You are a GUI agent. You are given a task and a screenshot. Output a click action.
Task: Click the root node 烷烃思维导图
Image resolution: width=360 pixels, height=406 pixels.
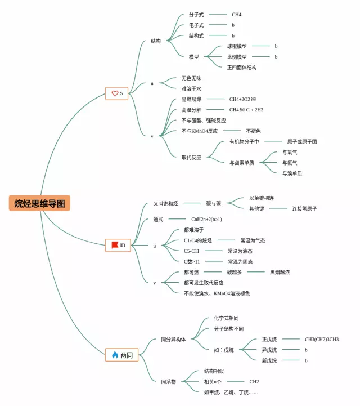coord(39,203)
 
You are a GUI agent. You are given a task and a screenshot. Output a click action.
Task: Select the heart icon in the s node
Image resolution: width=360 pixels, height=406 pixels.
coord(115,93)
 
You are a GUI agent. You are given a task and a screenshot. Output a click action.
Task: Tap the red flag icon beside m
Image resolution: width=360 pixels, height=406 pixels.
coord(115,245)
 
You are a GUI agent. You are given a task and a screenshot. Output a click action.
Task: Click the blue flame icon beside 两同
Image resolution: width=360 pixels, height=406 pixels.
coord(115,355)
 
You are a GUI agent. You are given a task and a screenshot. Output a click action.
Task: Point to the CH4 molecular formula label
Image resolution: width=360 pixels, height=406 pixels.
coord(236,15)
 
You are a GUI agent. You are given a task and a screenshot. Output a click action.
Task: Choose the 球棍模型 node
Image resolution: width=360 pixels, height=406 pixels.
coord(237,46)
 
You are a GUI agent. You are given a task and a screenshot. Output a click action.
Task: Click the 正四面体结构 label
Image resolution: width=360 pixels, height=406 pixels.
coord(242,68)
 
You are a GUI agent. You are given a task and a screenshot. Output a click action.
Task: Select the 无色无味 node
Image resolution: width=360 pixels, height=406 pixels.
coord(191,78)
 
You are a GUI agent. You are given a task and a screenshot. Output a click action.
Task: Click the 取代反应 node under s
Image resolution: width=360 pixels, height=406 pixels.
coord(191,158)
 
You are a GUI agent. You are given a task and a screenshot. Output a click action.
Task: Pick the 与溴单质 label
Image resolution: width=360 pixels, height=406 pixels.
coord(292,173)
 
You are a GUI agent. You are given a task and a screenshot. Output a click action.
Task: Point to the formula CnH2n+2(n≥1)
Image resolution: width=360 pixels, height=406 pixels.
coord(206,219)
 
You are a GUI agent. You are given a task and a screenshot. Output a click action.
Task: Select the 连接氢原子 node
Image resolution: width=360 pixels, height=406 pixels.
coord(304,209)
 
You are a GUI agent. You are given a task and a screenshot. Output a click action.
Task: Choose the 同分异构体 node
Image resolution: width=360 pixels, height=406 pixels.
coord(173,340)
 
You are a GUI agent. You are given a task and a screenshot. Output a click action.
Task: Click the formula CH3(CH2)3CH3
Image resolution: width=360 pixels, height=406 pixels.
coord(322,340)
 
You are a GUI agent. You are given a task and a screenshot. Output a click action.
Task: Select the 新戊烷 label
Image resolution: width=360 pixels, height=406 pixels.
coord(269,360)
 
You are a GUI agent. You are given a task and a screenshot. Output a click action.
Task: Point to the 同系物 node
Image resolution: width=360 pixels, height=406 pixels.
coord(169,382)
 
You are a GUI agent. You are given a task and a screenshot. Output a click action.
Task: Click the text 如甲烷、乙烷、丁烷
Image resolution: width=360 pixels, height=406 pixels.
coord(231,392)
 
